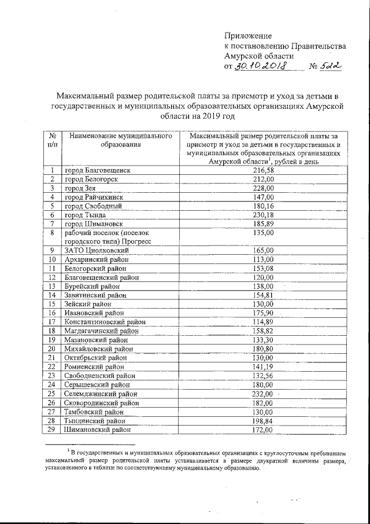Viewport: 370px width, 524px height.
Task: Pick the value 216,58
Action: click(262, 171)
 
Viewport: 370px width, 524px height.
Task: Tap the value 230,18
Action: click(262, 215)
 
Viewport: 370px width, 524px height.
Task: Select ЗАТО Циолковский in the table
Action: click(97, 250)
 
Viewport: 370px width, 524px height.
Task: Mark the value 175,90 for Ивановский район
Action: click(262, 313)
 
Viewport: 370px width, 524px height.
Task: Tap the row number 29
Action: click(51, 430)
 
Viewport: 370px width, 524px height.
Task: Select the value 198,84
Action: click(262, 421)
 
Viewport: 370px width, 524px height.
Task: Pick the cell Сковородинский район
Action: click(102, 403)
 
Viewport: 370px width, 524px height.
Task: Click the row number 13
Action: click(51, 286)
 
